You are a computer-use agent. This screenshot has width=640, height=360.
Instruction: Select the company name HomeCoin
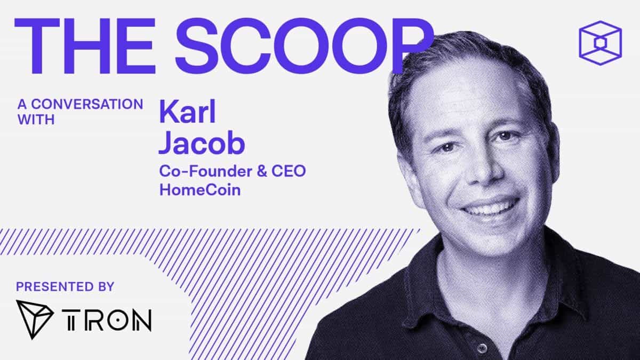click(200, 189)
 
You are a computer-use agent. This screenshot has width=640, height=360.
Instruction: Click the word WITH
click(36, 119)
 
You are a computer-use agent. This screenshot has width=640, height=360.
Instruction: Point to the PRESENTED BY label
click(65, 286)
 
